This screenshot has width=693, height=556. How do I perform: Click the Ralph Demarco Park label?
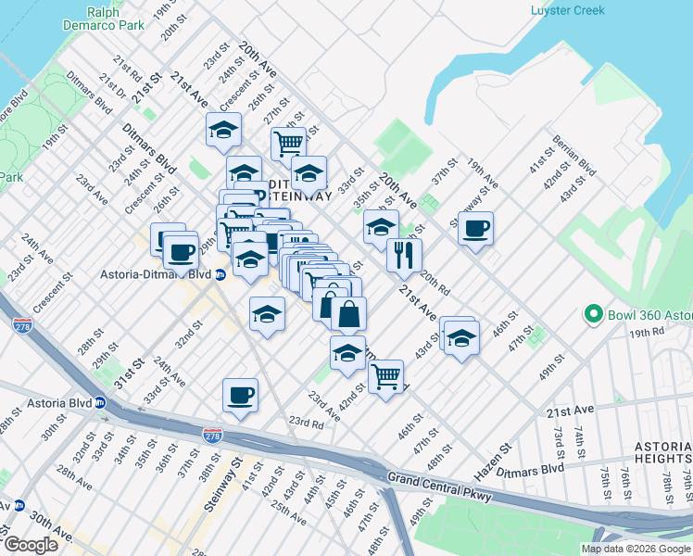[114, 19]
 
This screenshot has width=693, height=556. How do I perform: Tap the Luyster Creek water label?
[567, 11]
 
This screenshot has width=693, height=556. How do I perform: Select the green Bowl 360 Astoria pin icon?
[593, 316]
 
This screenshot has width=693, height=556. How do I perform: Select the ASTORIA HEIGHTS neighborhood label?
[662, 451]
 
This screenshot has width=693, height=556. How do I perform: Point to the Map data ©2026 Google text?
[635, 549]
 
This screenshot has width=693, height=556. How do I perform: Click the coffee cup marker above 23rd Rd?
[240, 395]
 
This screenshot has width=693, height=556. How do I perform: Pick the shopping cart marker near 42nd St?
[385, 376]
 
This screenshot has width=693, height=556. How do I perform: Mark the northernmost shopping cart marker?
[288, 144]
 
